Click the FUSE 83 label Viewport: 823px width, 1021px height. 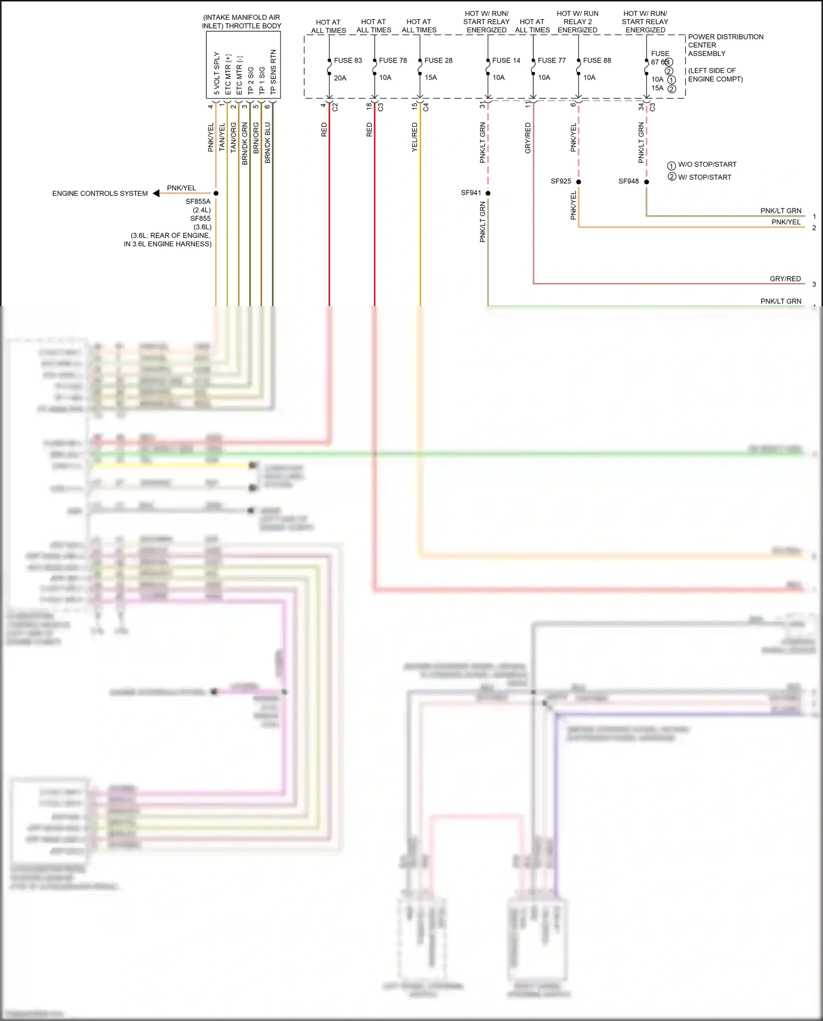click(348, 60)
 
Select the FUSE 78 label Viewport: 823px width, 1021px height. click(393, 60)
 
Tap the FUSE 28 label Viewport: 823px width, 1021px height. click(438, 60)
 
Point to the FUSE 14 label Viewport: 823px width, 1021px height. click(506, 60)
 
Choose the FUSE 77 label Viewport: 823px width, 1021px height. click(551, 60)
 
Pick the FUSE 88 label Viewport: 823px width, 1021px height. click(597, 60)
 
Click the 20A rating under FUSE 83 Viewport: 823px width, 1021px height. click(340, 78)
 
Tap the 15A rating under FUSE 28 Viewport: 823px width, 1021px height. click(431, 77)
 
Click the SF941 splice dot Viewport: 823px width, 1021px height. click(488, 193)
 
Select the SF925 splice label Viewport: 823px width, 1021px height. click(561, 181)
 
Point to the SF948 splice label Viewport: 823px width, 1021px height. click(628, 181)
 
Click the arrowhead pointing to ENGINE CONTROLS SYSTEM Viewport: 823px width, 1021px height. click(156, 193)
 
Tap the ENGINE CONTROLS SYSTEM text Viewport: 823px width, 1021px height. click(100, 194)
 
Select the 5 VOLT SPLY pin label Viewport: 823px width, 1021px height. click(217, 74)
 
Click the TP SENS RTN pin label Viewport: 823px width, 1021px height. click(273, 72)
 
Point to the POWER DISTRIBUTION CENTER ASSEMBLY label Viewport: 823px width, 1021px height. click(725, 45)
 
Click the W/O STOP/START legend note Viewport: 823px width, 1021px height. click(707, 165)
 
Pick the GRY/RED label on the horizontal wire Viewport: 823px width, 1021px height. click(785, 279)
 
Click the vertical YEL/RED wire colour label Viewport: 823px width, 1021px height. click(414, 137)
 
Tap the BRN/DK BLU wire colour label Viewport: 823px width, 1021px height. click(267, 143)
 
